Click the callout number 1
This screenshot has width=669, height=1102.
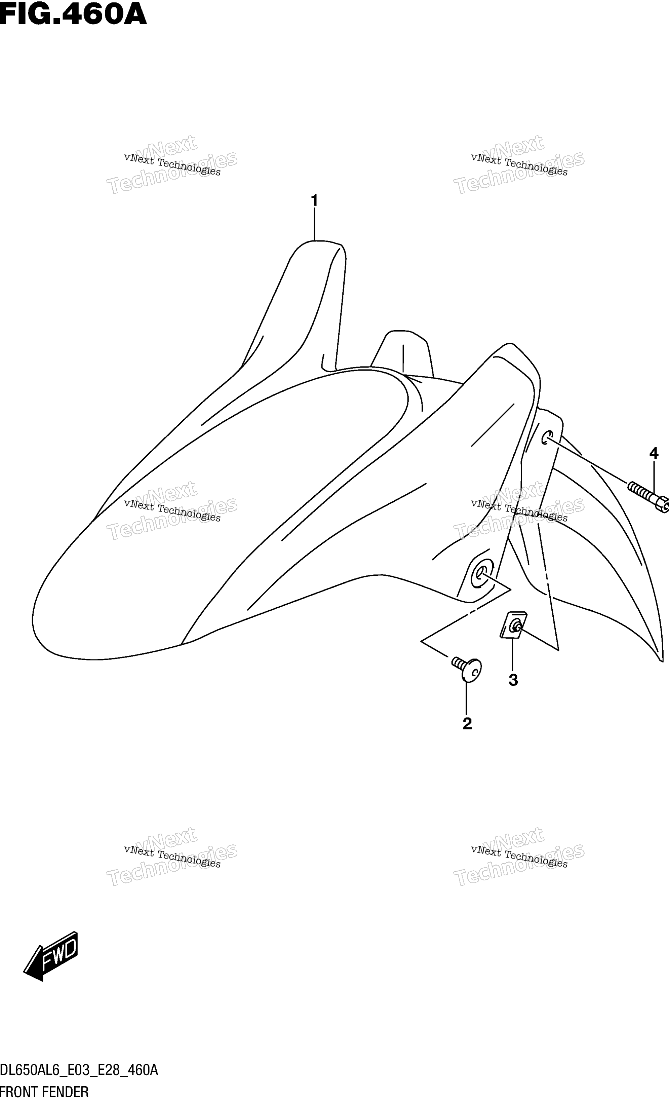click(x=314, y=200)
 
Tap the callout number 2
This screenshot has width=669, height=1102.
click(x=467, y=723)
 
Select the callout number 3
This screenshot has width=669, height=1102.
click(x=513, y=680)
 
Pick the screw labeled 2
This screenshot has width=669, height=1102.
click(x=467, y=669)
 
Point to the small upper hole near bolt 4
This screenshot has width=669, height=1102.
click(x=547, y=438)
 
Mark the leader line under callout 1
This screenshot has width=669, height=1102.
click(x=314, y=225)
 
